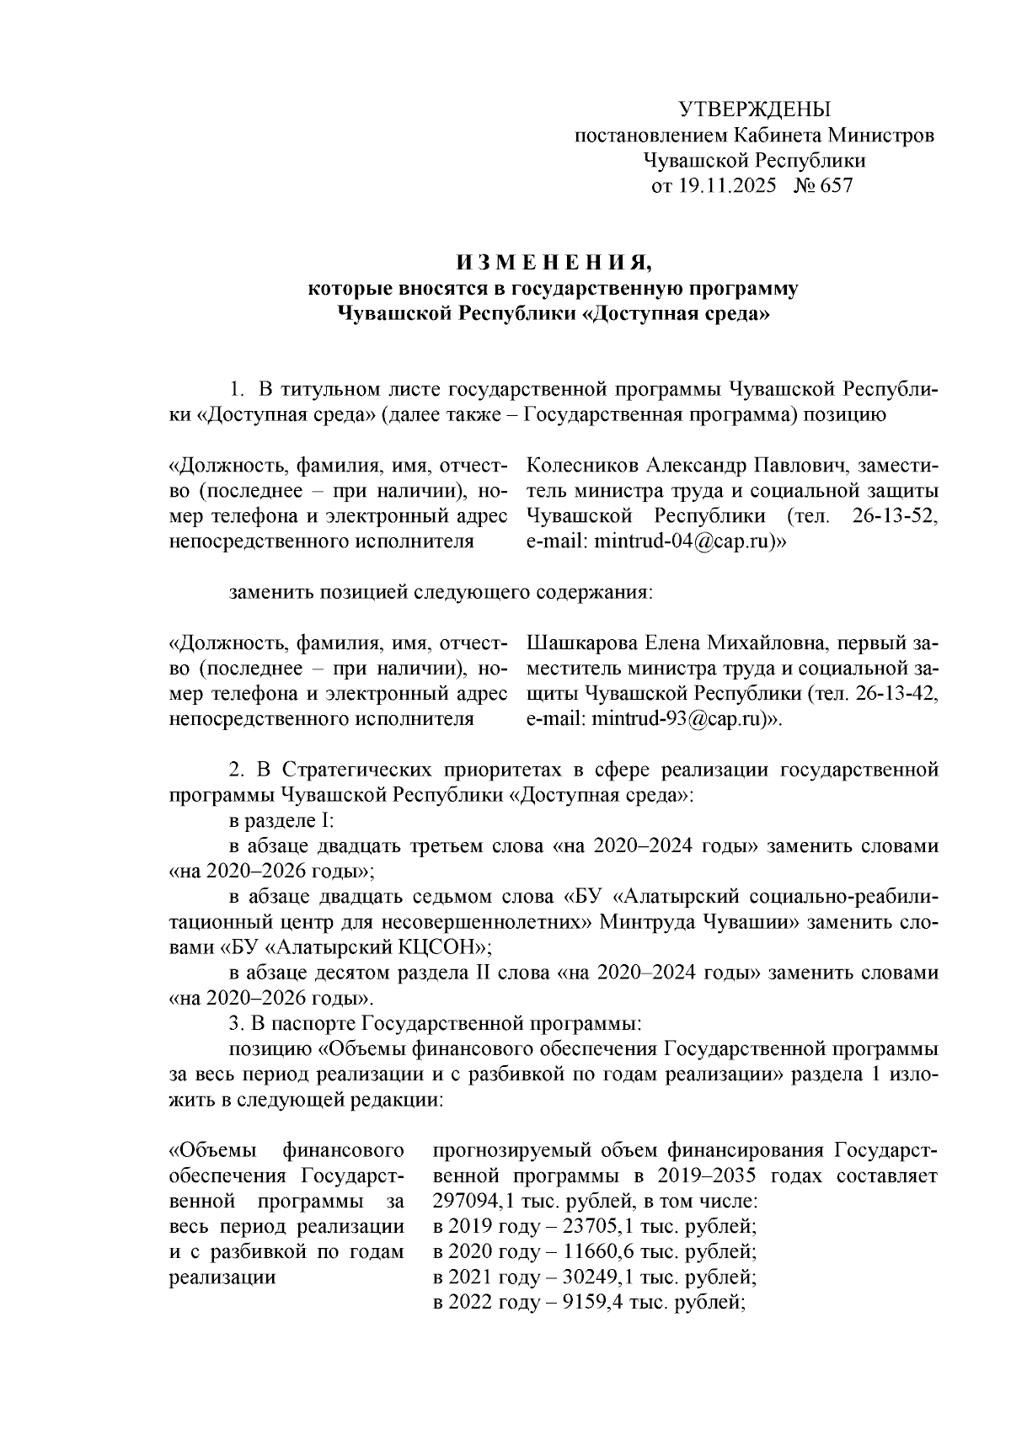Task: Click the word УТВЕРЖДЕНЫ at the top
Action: tap(754, 109)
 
